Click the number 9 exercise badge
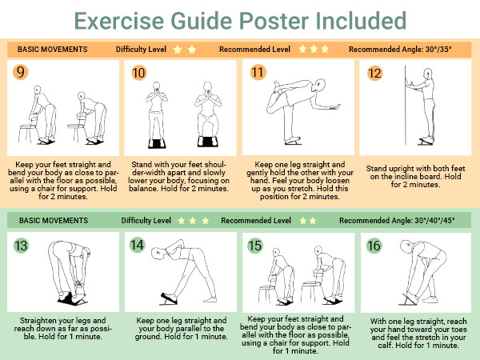click(x=20, y=72)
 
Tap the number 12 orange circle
click(x=374, y=73)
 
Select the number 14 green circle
click(x=137, y=246)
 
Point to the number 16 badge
click(x=374, y=246)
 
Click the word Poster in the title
click(x=274, y=21)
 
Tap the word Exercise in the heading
click(x=119, y=21)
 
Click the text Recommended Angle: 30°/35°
click(x=400, y=50)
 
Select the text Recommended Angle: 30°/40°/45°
click(x=397, y=221)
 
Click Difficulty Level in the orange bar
click(x=141, y=50)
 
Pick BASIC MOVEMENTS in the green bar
click(x=54, y=221)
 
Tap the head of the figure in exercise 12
click(x=428, y=74)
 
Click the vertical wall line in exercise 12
click(x=406, y=105)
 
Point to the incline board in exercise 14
click(x=168, y=298)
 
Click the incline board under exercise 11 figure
click(x=293, y=141)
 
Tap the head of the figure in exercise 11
click(x=321, y=85)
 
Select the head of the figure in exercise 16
click(x=406, y=246)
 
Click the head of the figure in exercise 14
click(x=158, y=254)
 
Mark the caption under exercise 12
click(x=415, y=176)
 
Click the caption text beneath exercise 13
click(x=62, y=329)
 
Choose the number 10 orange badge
click(x=138, y=73)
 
